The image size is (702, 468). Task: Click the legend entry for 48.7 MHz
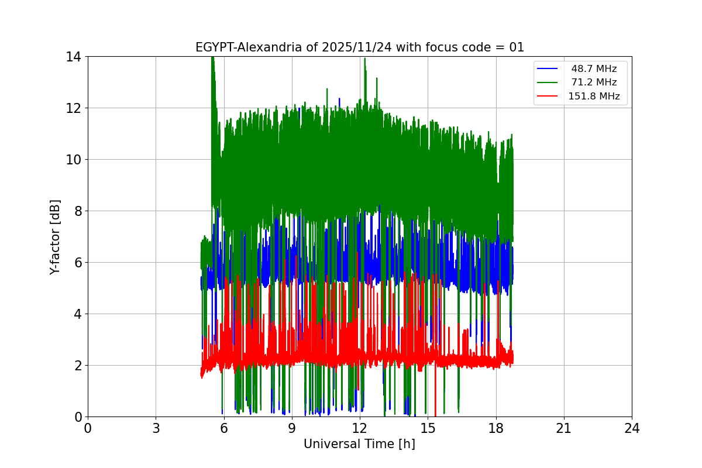594,68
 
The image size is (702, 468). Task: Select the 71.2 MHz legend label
594,82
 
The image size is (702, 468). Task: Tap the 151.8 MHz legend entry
594,97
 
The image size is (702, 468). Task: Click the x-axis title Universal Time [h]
359,444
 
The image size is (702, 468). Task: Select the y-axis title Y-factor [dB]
55,236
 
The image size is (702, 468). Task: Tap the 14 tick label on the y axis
73,57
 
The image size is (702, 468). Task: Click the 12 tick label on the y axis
73,108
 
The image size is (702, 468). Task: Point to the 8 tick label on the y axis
77,211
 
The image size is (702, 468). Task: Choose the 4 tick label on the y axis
77,314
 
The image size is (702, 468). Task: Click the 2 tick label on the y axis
77,366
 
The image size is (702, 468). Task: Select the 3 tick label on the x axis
156,428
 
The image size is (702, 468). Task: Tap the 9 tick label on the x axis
292,428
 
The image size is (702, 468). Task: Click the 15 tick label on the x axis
428,428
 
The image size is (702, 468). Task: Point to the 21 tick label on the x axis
564,428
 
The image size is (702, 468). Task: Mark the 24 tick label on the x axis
632,428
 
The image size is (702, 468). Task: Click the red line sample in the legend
547,97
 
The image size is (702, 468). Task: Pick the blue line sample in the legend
547,68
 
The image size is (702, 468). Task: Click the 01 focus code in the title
516,47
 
